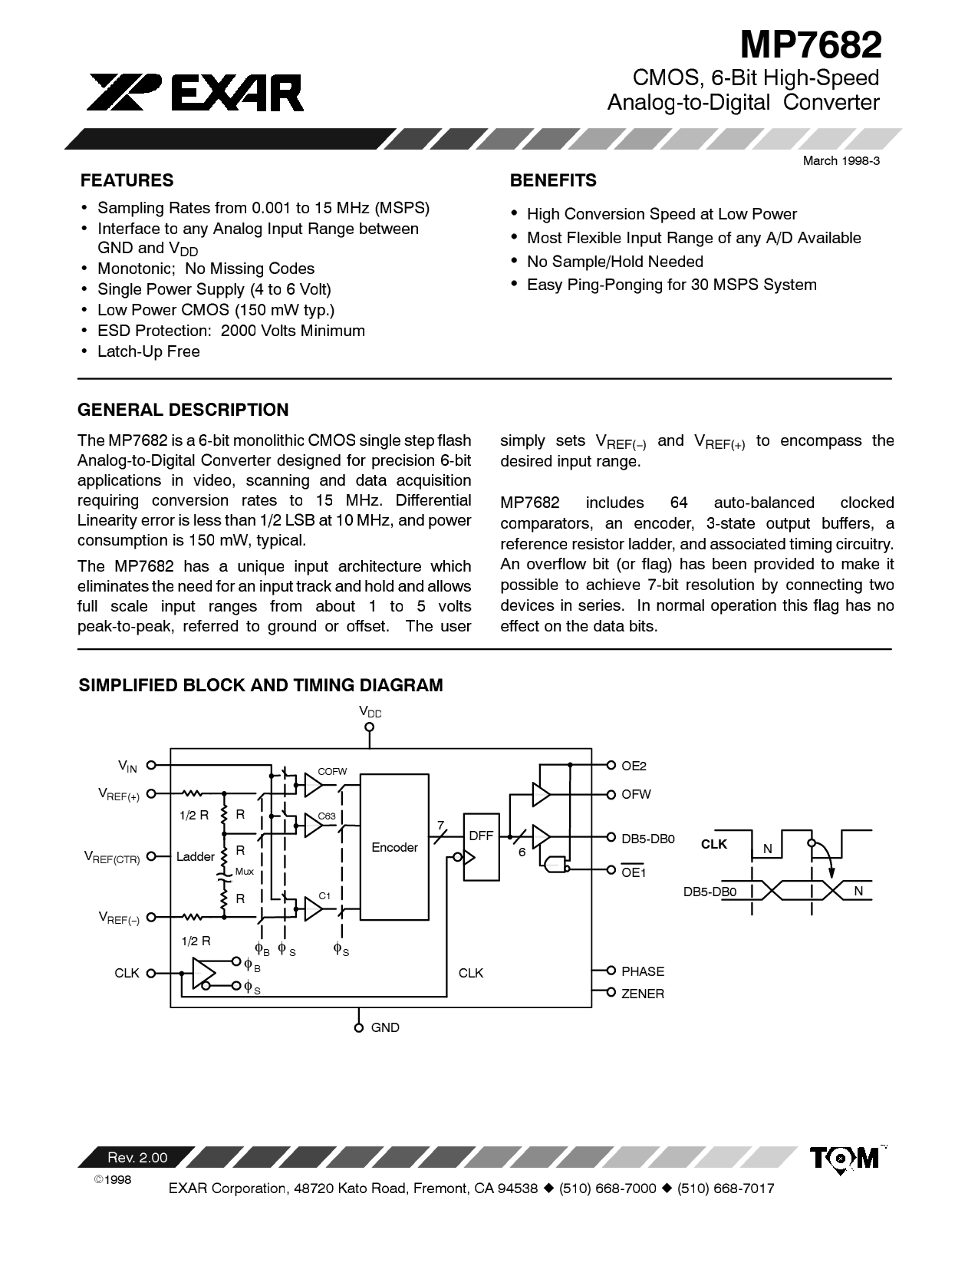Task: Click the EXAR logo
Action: (196, 92)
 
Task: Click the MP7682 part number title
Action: (810, 45)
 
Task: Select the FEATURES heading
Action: (127, 180)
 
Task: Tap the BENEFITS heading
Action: (553, 180)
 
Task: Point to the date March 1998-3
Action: (840, 160)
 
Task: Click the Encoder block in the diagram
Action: (394, 847)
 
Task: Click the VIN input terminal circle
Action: (151, 765)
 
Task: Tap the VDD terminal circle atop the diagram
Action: (370, 727)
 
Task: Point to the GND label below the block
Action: (385, 1027)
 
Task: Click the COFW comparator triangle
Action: (313, 784)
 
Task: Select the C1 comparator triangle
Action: (313, 909)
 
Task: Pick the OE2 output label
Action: (634, 766)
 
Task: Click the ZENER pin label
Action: (643, 994)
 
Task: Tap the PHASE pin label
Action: (643, 971)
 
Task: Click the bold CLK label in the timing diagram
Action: (713, 844)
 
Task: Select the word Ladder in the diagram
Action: (195, 856)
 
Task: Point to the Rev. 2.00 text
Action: (137, 1158)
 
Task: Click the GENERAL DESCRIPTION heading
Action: (183, 410)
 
